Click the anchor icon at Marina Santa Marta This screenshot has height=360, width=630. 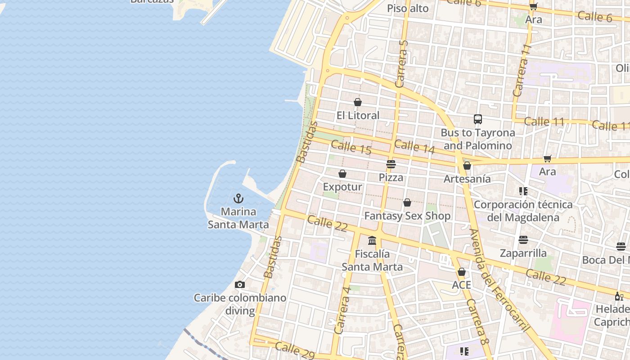238,198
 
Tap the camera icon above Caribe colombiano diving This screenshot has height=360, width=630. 240,284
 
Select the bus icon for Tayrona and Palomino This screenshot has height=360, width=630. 478,119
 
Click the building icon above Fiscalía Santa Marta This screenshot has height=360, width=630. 372,241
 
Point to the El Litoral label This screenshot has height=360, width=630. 358,116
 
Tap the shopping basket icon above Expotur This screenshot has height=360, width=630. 342,174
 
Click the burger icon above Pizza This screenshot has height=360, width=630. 391,164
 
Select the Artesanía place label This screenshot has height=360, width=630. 467,179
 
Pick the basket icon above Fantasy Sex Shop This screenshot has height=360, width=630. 407,203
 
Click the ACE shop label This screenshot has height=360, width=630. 461,285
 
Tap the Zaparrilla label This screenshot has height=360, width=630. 523,253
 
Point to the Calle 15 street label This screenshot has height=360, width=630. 351,148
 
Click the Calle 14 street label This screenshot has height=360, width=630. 414,147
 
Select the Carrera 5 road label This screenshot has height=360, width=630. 401,63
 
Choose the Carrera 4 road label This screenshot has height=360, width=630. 343,310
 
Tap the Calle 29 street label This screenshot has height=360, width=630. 295,351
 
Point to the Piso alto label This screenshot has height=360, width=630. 408,9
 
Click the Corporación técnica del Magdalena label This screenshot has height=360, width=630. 523,211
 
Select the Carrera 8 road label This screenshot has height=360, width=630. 477,322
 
